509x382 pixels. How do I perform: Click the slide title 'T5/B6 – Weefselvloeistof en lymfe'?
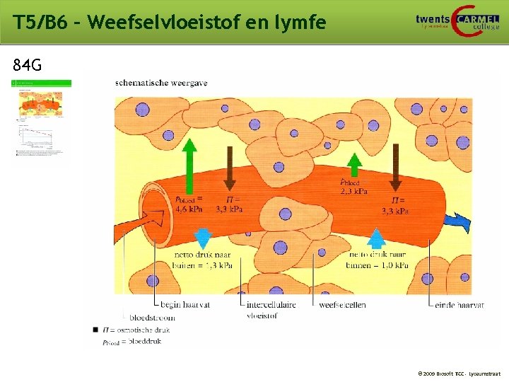(170, 23)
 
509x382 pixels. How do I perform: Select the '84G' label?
(28, 66)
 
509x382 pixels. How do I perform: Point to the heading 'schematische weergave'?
(162, 83)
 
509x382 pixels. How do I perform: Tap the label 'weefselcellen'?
(342, 305)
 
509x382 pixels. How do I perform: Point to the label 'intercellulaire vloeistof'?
(271, 310)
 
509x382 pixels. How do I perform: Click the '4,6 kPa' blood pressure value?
(189, 209)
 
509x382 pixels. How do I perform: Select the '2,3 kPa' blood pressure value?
(353, 191)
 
